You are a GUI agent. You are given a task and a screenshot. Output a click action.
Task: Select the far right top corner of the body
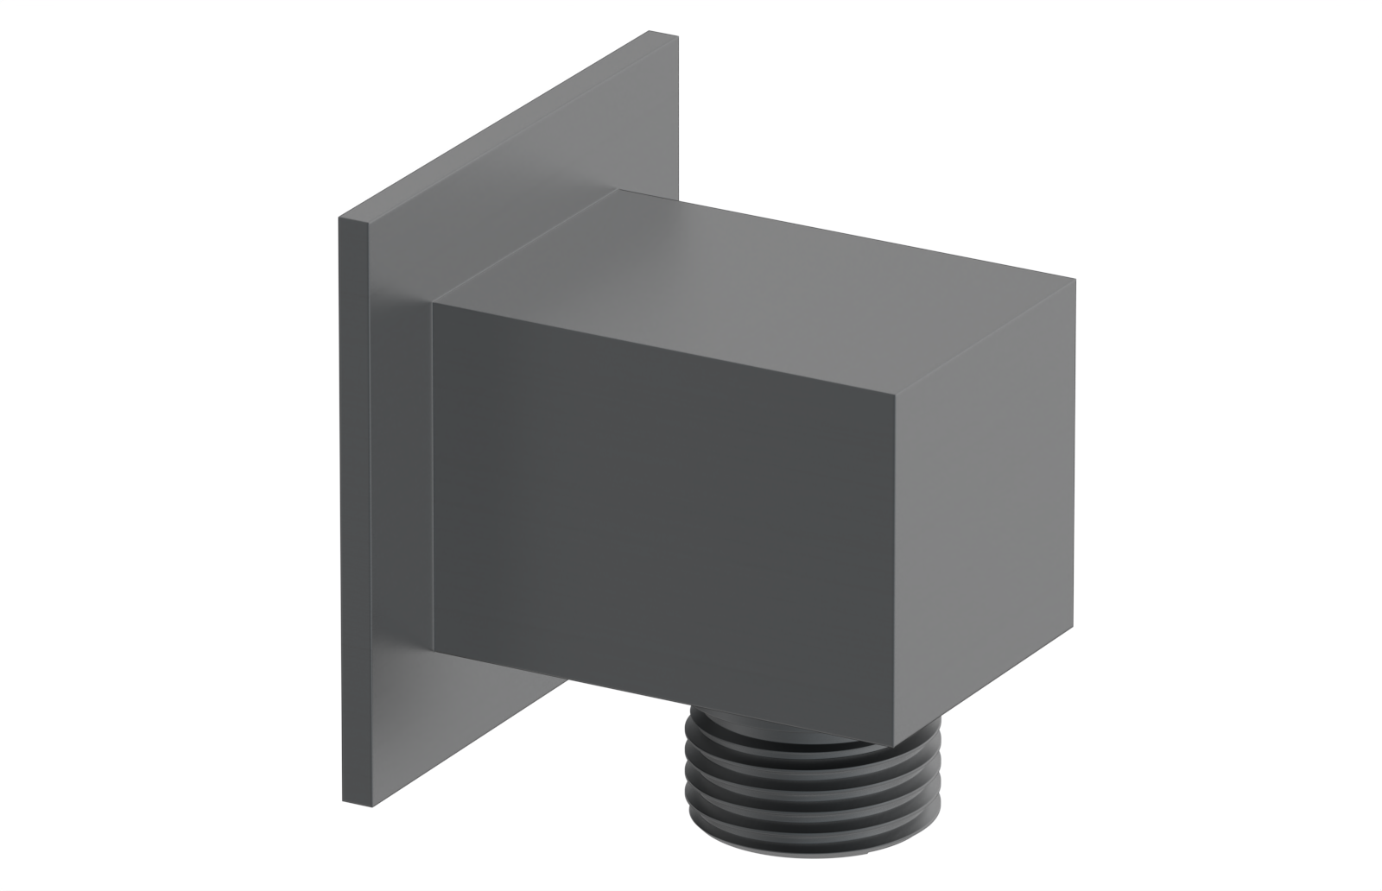(1075, 280)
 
